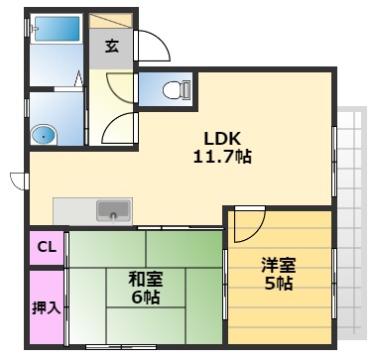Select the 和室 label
146,279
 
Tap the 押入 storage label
47,306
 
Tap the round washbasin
43,134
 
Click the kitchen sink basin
112,210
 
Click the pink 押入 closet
47,306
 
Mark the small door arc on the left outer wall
17,180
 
